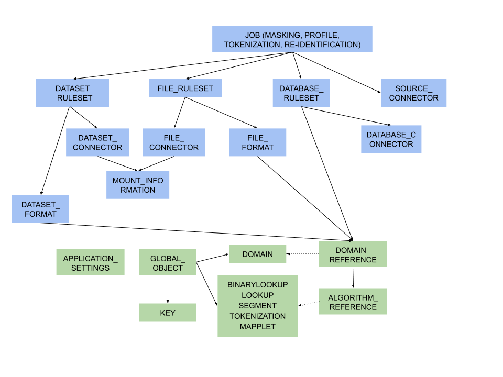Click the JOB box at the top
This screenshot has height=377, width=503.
(x=292, y=39)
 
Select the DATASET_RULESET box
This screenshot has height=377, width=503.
(x=72, y=93)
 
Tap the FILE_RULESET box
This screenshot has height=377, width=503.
(x=185, y=88)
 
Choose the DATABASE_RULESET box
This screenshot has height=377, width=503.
(x=301, y=93)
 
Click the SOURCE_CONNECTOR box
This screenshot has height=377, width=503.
(x=413, y=93)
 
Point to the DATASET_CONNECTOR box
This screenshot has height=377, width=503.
(x=97, y=142)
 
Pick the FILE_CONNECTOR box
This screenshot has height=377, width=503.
(x=174, y=142)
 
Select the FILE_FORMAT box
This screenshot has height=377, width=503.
(x=258, y=142)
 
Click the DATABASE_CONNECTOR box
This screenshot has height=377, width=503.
(x=391, y=139)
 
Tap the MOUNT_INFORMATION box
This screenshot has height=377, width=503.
(x=138, y=185)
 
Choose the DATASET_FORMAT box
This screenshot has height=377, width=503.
(x=40, y=209)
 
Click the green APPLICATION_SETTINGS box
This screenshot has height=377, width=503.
(x=90, y=262)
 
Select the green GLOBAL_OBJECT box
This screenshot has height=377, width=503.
(x=168, y=262)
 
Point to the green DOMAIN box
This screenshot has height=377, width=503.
(x=258, y=254)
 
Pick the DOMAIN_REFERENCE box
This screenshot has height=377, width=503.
(x=353, y=254)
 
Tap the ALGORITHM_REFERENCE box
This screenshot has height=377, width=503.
(x=353, y=302)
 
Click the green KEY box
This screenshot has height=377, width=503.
(x=168, y=313)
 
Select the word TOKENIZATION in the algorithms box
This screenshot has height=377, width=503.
(x=258, y=316)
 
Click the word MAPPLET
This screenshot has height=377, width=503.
(x=258, y=327)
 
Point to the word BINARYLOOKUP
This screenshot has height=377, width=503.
(x=258, y=285)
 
